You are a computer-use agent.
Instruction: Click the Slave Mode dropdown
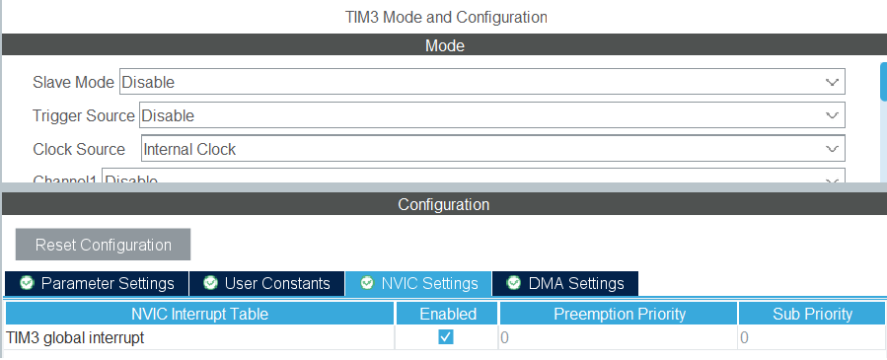tap(481, 82)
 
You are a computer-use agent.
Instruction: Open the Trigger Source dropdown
tap(491, 115)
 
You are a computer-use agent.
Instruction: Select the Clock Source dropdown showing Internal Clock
tap(492, 149)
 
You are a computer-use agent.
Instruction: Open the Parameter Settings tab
tap(97, 283)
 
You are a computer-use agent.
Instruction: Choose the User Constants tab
tap(266, 283)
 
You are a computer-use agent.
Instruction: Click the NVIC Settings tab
tap(418, 283)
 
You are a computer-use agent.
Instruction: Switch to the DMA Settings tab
tap(565, 283)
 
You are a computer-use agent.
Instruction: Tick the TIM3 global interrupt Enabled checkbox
tap(446, 337)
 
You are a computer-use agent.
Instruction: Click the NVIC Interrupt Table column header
tap(199, 314)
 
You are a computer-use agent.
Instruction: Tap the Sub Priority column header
tap(812, 314)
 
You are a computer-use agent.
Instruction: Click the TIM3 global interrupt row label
tap(75, 337)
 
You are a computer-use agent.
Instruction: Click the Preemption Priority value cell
tap(618, 337)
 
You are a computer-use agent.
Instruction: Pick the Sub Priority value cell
tap(812, 337)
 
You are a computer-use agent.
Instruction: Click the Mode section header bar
tap(444, 45)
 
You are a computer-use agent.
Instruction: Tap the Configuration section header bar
tap(444, 204)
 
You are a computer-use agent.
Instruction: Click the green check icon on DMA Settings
tap(513, 283)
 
